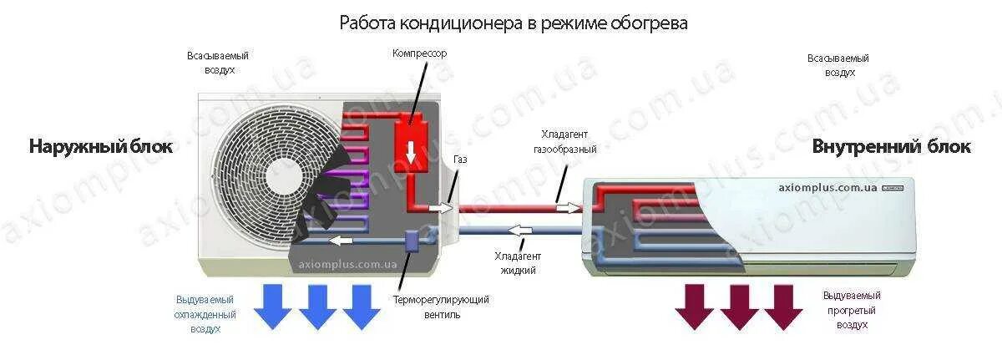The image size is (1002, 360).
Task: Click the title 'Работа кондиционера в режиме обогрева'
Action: click(513, 23)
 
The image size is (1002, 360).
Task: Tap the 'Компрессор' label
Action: click(420, 53)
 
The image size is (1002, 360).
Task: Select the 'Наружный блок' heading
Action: click(101, 147)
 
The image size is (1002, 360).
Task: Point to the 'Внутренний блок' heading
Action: click(891, 147)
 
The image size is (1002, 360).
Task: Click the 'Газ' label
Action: click(460, 159)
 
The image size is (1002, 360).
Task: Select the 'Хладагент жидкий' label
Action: click(518, 263)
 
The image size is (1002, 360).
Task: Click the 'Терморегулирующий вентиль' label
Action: click(441, 306)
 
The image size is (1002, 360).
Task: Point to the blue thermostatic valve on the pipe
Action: click(411, 241)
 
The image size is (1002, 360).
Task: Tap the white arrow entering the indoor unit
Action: click(569, 206)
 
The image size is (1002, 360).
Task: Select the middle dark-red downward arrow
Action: click(739, 306)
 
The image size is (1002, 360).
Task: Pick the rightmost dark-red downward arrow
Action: click(782, 306)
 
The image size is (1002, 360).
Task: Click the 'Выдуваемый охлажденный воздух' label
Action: click(205, 314)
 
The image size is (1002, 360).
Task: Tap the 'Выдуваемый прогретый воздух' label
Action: click(851, 309)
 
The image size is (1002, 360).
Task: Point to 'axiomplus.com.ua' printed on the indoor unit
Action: click(827, 188)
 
